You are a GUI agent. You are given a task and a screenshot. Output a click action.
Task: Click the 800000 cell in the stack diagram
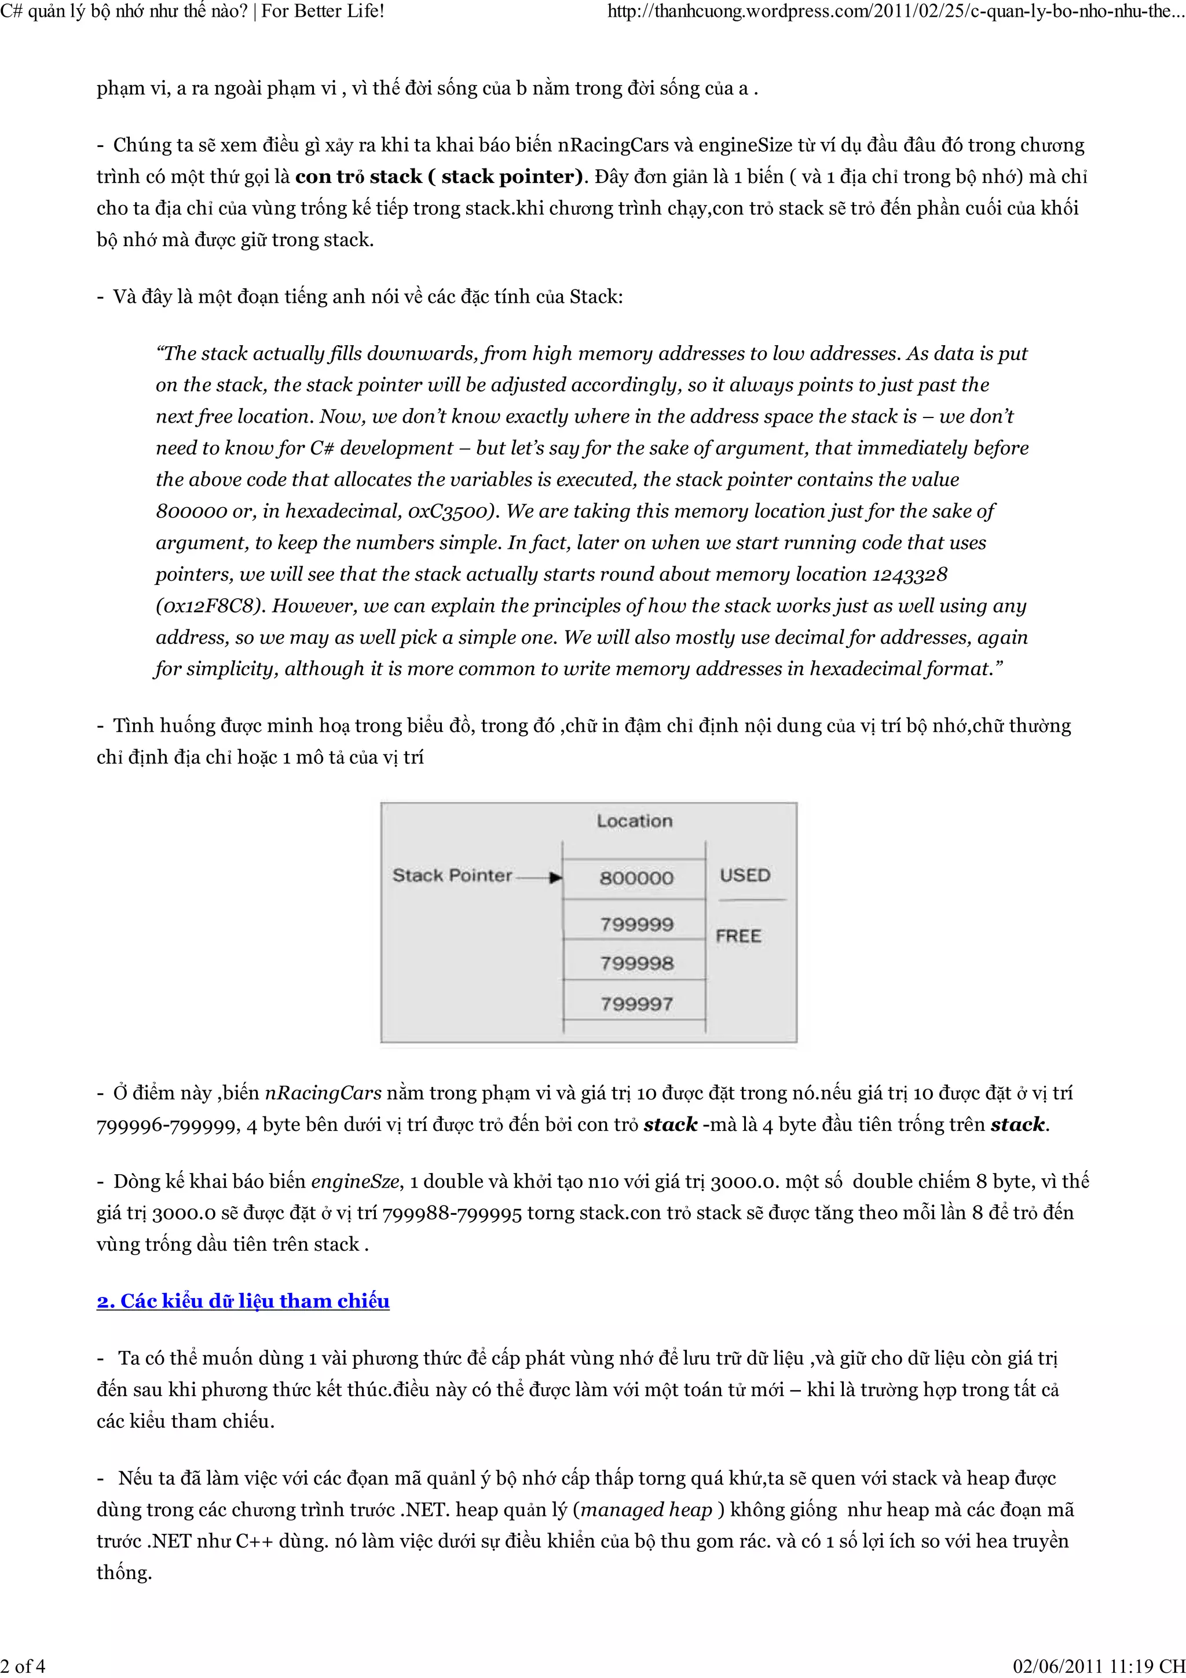pyautogui.click(x=636, y=878)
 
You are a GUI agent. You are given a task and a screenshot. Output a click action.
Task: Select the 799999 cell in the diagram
pyautogui.click(x=636, y=925)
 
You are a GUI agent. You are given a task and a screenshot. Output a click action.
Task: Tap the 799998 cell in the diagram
pyautogui.click(x=636, y=963)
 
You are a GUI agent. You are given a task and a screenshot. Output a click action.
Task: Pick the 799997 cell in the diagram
pyautogui.click(x=636, y=1003)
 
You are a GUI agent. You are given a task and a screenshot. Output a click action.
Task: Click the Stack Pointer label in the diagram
pyautogui.click(x=452, y=875)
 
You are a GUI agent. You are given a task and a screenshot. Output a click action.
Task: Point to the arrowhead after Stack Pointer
pyautogui.click(x=556, y=877)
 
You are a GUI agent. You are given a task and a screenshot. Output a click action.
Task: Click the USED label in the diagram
pyautogui.click(x=745, y=875)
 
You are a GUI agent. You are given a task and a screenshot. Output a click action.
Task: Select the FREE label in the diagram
pyautogui.click(x=738, y=936)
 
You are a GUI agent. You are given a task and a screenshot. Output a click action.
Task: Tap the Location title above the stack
pyautogui.click(x=634, y=820)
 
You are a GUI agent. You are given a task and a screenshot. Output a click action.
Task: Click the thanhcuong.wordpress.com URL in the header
pyautogui.click(x=891, y=11)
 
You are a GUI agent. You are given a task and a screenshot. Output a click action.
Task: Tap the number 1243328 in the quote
pyautogui.click(x=910, y=574)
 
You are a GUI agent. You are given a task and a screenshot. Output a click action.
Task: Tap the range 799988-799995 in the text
pyautogui.click(x=452, y=1213)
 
